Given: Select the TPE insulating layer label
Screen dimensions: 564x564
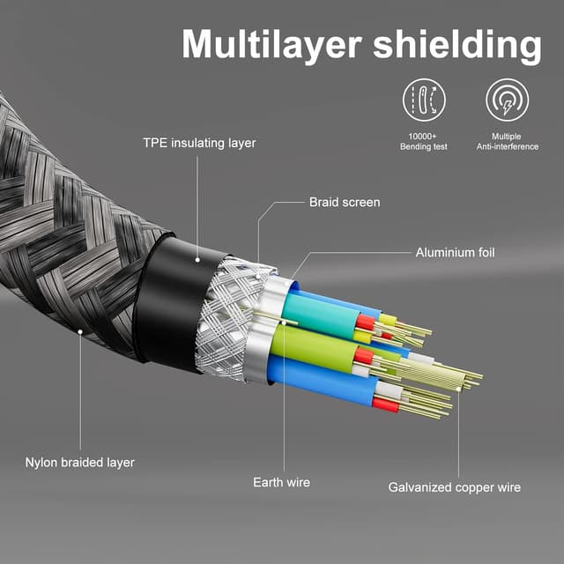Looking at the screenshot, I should point(199,143).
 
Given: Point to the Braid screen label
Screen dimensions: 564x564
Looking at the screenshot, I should point(345,203).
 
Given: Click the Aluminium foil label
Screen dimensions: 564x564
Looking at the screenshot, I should point(455,253).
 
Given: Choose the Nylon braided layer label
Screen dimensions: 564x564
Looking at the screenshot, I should point(79,462).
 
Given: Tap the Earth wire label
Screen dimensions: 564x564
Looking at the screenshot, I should point(281,482).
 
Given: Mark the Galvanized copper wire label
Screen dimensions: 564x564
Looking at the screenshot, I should point(455,487).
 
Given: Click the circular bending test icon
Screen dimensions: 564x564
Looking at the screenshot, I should point(424,100).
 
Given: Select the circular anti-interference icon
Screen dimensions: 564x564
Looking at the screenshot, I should point(508,100).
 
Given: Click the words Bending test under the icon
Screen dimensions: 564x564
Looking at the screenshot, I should point(424,146).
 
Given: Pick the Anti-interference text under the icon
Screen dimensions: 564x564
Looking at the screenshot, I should point(508,146).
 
